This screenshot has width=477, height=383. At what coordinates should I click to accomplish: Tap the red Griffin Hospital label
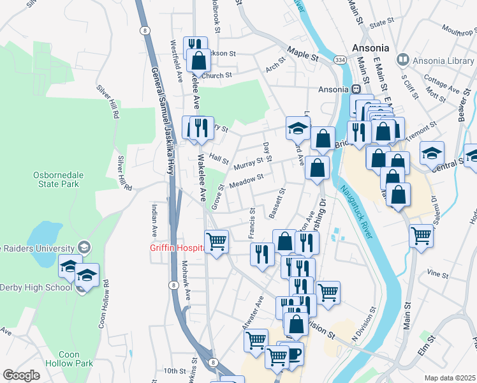(176, 248)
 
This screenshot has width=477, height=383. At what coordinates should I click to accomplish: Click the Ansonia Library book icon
(402, 60)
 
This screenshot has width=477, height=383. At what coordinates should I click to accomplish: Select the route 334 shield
(339, 60)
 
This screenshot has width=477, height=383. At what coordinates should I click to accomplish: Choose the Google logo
(21, 375)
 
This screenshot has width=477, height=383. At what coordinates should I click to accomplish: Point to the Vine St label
(439, 273)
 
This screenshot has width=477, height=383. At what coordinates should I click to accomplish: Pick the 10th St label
(173, 371)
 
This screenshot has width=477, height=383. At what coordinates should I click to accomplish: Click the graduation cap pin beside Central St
(432, 153)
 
